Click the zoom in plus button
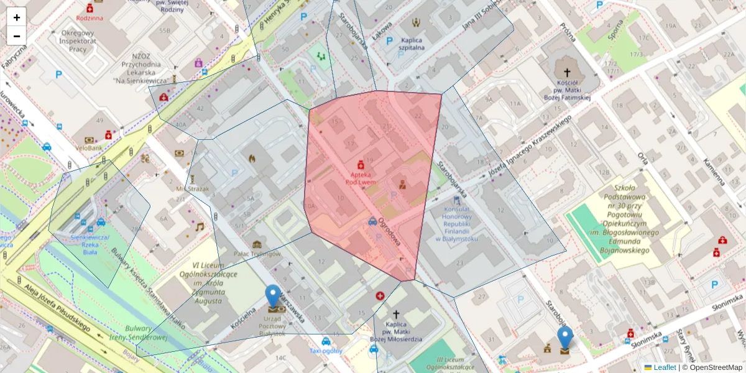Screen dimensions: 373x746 tap(17, 17)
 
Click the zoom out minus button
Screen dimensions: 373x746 tap(17, 36)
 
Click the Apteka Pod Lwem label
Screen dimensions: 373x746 tap(360, 180)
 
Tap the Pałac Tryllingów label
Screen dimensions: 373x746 tap(257, 254)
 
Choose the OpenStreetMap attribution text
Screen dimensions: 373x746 tap(712, 367)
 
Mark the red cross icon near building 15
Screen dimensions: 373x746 tap(380, 297)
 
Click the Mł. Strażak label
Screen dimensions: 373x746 tap(192, 188)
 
